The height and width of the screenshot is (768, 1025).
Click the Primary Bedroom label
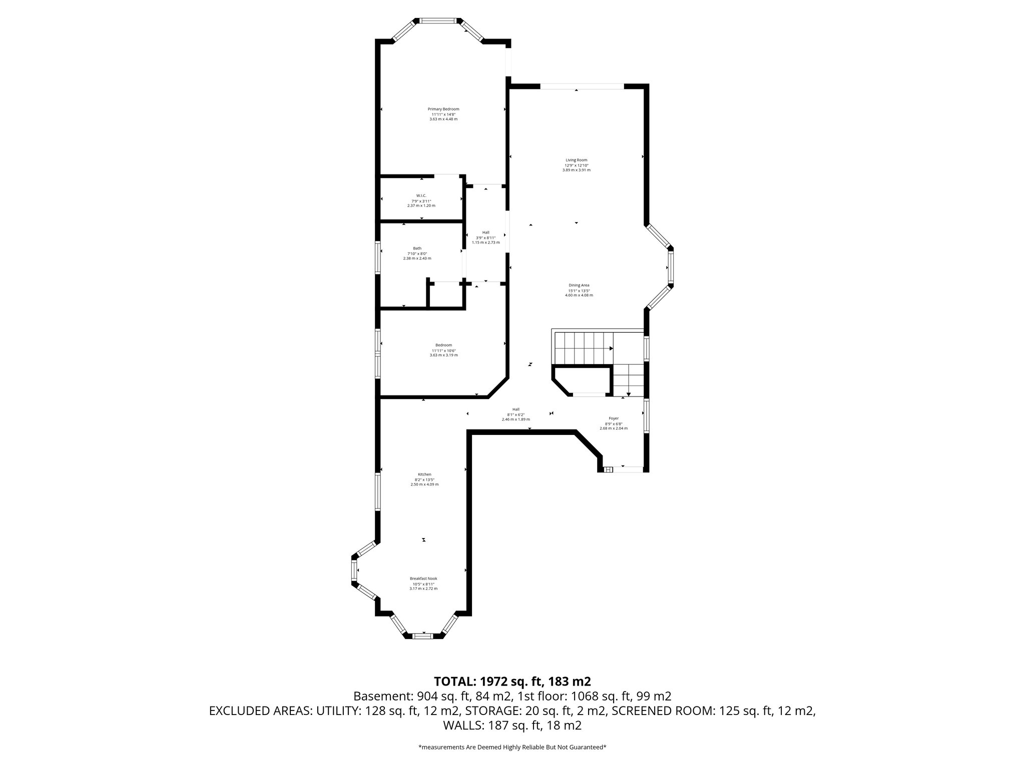(x=443, y=109)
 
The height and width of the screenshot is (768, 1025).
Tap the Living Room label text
(x=576, y=160)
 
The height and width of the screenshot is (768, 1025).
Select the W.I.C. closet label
(x=421, y=195)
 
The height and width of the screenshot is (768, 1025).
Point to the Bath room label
(x=417, y=248)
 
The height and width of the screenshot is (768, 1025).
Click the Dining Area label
(x=579, y=285)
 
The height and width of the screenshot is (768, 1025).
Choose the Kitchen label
(x=424, y=474)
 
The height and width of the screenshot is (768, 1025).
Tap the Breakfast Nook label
(x=423, y=578)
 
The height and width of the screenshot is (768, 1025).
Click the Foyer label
(x=614, y=418)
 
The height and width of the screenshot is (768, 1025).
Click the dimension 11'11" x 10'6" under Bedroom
(x=443, y=350)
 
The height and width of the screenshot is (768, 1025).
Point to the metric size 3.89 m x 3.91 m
(x=576, y=170)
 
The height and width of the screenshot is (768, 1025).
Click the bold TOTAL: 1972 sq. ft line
(x=512, y=681)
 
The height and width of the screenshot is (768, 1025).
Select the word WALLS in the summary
(x=461, y=725)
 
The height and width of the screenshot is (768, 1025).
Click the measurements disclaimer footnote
(x=512, y=747)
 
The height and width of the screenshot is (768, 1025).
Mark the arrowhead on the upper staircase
(x=611, y=348)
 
